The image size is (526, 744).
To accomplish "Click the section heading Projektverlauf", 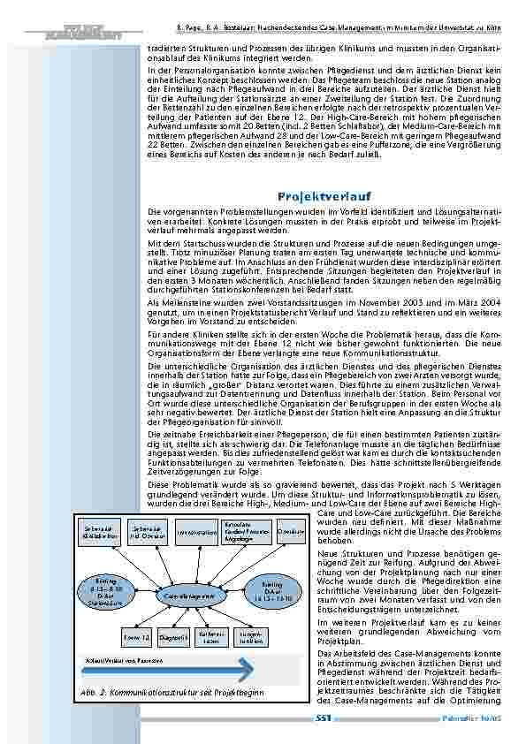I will pyautogui.click(x=324, y=195).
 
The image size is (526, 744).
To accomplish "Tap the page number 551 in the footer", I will pyautogui.click(x=324, y=718).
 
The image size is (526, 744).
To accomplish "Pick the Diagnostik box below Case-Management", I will pyautogui.click(x=174, y=636).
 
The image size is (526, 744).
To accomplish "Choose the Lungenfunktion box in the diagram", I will pyautogui.click(x=251, y=636).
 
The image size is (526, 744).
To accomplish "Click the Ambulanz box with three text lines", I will pyautogui.click(x=241, y=530).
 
